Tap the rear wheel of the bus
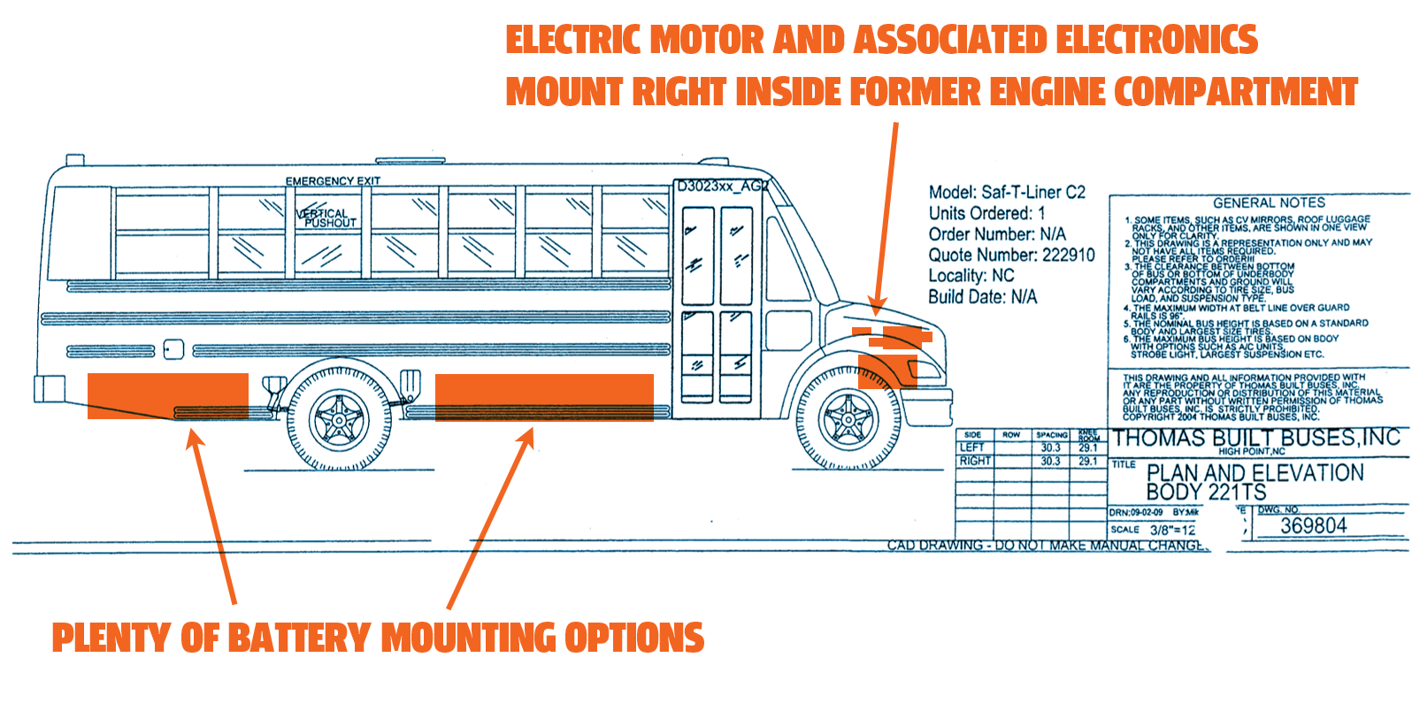pos(339,418)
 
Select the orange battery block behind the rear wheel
pos(167,395)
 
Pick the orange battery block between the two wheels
pos(544,397)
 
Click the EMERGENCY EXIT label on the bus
pos(333,181)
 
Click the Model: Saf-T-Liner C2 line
pos(1007,193)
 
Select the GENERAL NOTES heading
pos(1269,203)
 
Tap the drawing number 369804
pos(1314,526)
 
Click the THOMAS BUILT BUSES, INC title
pos(1256,439)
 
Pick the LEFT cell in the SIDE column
pos(972,448)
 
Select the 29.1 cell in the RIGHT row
pos(1088,462)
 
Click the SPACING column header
pos(1052,435)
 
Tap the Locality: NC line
pos(971,276)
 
